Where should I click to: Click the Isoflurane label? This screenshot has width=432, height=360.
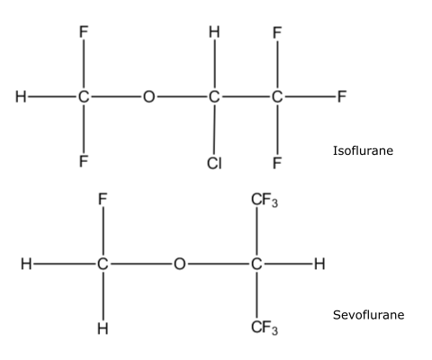click(363, 150)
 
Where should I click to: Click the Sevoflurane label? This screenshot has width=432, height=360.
click(368, 315)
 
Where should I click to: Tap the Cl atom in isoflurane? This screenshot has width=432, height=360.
click(214, 164)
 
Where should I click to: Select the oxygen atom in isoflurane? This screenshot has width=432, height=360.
click(149, 97)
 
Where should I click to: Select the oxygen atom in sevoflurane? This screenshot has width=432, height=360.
click(180, 264)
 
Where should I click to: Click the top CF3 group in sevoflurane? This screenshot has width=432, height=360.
click(265, 200)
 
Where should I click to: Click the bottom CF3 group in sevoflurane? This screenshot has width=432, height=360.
click(265, 328)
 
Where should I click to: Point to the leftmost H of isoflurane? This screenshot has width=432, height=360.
click(21, 97)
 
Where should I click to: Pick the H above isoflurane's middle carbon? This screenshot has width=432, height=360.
click(214, 31)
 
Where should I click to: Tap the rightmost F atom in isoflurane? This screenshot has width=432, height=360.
click(342, 96)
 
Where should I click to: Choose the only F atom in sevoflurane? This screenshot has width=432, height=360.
click(103, 199)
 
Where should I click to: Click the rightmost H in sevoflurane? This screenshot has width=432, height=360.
click(319, 264)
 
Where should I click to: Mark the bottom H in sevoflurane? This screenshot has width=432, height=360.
click(103, 328)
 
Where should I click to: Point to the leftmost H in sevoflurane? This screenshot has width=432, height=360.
click(26, 264)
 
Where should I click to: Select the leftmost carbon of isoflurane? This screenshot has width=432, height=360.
click(84, 97)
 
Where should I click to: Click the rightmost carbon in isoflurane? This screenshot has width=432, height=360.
click(277, 97)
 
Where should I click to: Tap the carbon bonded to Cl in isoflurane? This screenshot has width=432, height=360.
click(214, 97)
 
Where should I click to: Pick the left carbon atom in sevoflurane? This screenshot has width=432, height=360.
click(103, 264)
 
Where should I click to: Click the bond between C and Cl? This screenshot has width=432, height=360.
click(214, 130)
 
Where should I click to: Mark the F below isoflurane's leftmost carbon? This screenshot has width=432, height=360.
click(84, 161)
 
